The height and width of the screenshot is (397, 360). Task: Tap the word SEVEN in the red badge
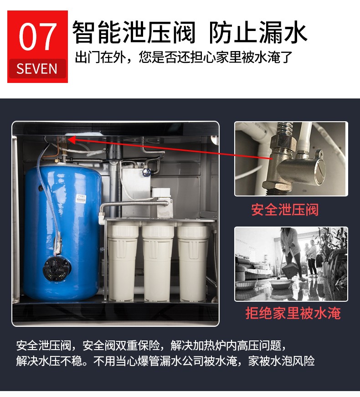click(37, 69)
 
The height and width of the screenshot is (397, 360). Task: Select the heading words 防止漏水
click(258, 32)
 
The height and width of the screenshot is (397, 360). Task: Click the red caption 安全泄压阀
click(285, 210)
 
